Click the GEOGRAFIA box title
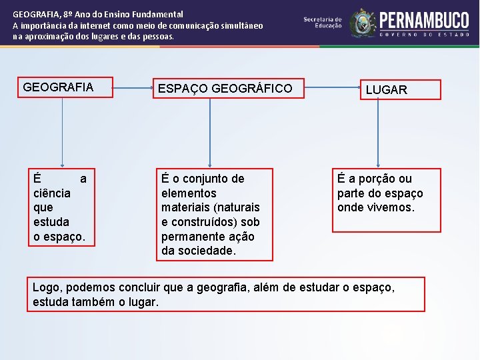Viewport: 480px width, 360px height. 58,87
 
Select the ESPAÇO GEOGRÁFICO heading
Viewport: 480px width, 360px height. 224,88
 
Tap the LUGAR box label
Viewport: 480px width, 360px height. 386,90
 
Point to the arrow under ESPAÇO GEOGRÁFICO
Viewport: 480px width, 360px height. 210,130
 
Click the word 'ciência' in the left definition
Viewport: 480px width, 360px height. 52,193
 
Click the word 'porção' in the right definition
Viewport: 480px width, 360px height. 379,179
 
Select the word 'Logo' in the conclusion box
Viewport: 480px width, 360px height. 46,287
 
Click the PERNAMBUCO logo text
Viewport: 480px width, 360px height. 424,20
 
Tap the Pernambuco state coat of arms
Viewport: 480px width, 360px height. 363,23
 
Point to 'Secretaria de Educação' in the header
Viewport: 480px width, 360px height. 323,23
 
